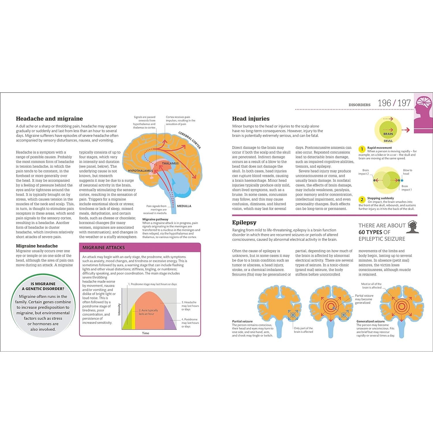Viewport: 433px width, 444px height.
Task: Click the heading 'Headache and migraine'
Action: (x=49, y=119)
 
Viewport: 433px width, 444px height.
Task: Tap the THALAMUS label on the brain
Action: (x=170, y=164)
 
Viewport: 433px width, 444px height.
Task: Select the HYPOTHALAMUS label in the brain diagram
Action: (x=140, y=171)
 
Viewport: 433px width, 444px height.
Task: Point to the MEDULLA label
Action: (x=184, y=206)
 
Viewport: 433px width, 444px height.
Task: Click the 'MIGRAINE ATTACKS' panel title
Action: (x=104, y=248)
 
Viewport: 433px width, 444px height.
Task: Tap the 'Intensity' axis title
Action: (x=119, y=309)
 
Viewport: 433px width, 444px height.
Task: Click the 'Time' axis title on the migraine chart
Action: (x=145, y=333)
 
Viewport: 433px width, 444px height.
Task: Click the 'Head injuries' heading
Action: (x=251, y=119)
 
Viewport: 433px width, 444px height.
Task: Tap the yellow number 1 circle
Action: (x=362, y=149)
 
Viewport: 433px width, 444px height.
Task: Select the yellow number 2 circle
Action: (x=362, y=200)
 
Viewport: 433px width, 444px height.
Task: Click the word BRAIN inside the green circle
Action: (x=388, y=134)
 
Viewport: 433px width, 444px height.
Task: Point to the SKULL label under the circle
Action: (x=388, y=141)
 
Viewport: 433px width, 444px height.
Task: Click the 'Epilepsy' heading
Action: (x=244, y=223)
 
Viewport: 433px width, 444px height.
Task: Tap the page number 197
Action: (x=404, y=103)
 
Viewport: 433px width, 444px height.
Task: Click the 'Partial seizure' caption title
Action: (x=242, y=321)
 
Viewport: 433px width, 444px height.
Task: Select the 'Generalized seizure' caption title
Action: (x=371, y=321)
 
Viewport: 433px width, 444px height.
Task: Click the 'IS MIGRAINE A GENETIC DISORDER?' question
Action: (x=43, y=286)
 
